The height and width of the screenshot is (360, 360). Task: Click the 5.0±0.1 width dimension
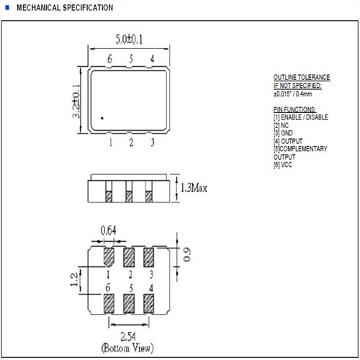tap(129, 40)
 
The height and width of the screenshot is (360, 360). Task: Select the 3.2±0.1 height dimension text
tap(76, 102)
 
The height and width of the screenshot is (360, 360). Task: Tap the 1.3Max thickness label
tap(194, 188)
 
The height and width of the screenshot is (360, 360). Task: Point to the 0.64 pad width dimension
tap(109, 230)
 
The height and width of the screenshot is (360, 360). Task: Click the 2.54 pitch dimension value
tap(128, 336)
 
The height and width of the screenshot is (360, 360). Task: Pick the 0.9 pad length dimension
tap(187, 254)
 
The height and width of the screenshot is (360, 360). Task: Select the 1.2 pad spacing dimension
tap(74, 279)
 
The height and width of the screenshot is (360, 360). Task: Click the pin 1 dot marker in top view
tap(102, 118)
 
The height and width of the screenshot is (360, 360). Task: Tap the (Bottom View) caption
tap(127, 348)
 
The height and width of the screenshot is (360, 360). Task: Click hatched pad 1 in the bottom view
tap(109, 257)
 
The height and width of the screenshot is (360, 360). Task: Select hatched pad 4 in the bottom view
tap(149, 304)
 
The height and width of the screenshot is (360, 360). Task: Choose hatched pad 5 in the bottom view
tap(129, 304)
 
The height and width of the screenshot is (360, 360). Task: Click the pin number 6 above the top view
tap(109, 58)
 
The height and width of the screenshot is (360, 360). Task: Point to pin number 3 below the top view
tap(153, 143)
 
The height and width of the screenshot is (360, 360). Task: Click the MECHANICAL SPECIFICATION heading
tap(65, 8)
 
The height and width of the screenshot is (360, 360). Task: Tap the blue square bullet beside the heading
tap(7, 8)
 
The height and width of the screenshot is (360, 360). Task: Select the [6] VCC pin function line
tap(283, 165)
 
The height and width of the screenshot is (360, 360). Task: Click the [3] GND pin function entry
tap(283, 133)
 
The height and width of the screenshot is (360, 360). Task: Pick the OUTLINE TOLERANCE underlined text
tap(302, 77)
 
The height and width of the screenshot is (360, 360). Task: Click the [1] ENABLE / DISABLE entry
tap(301, 117)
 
